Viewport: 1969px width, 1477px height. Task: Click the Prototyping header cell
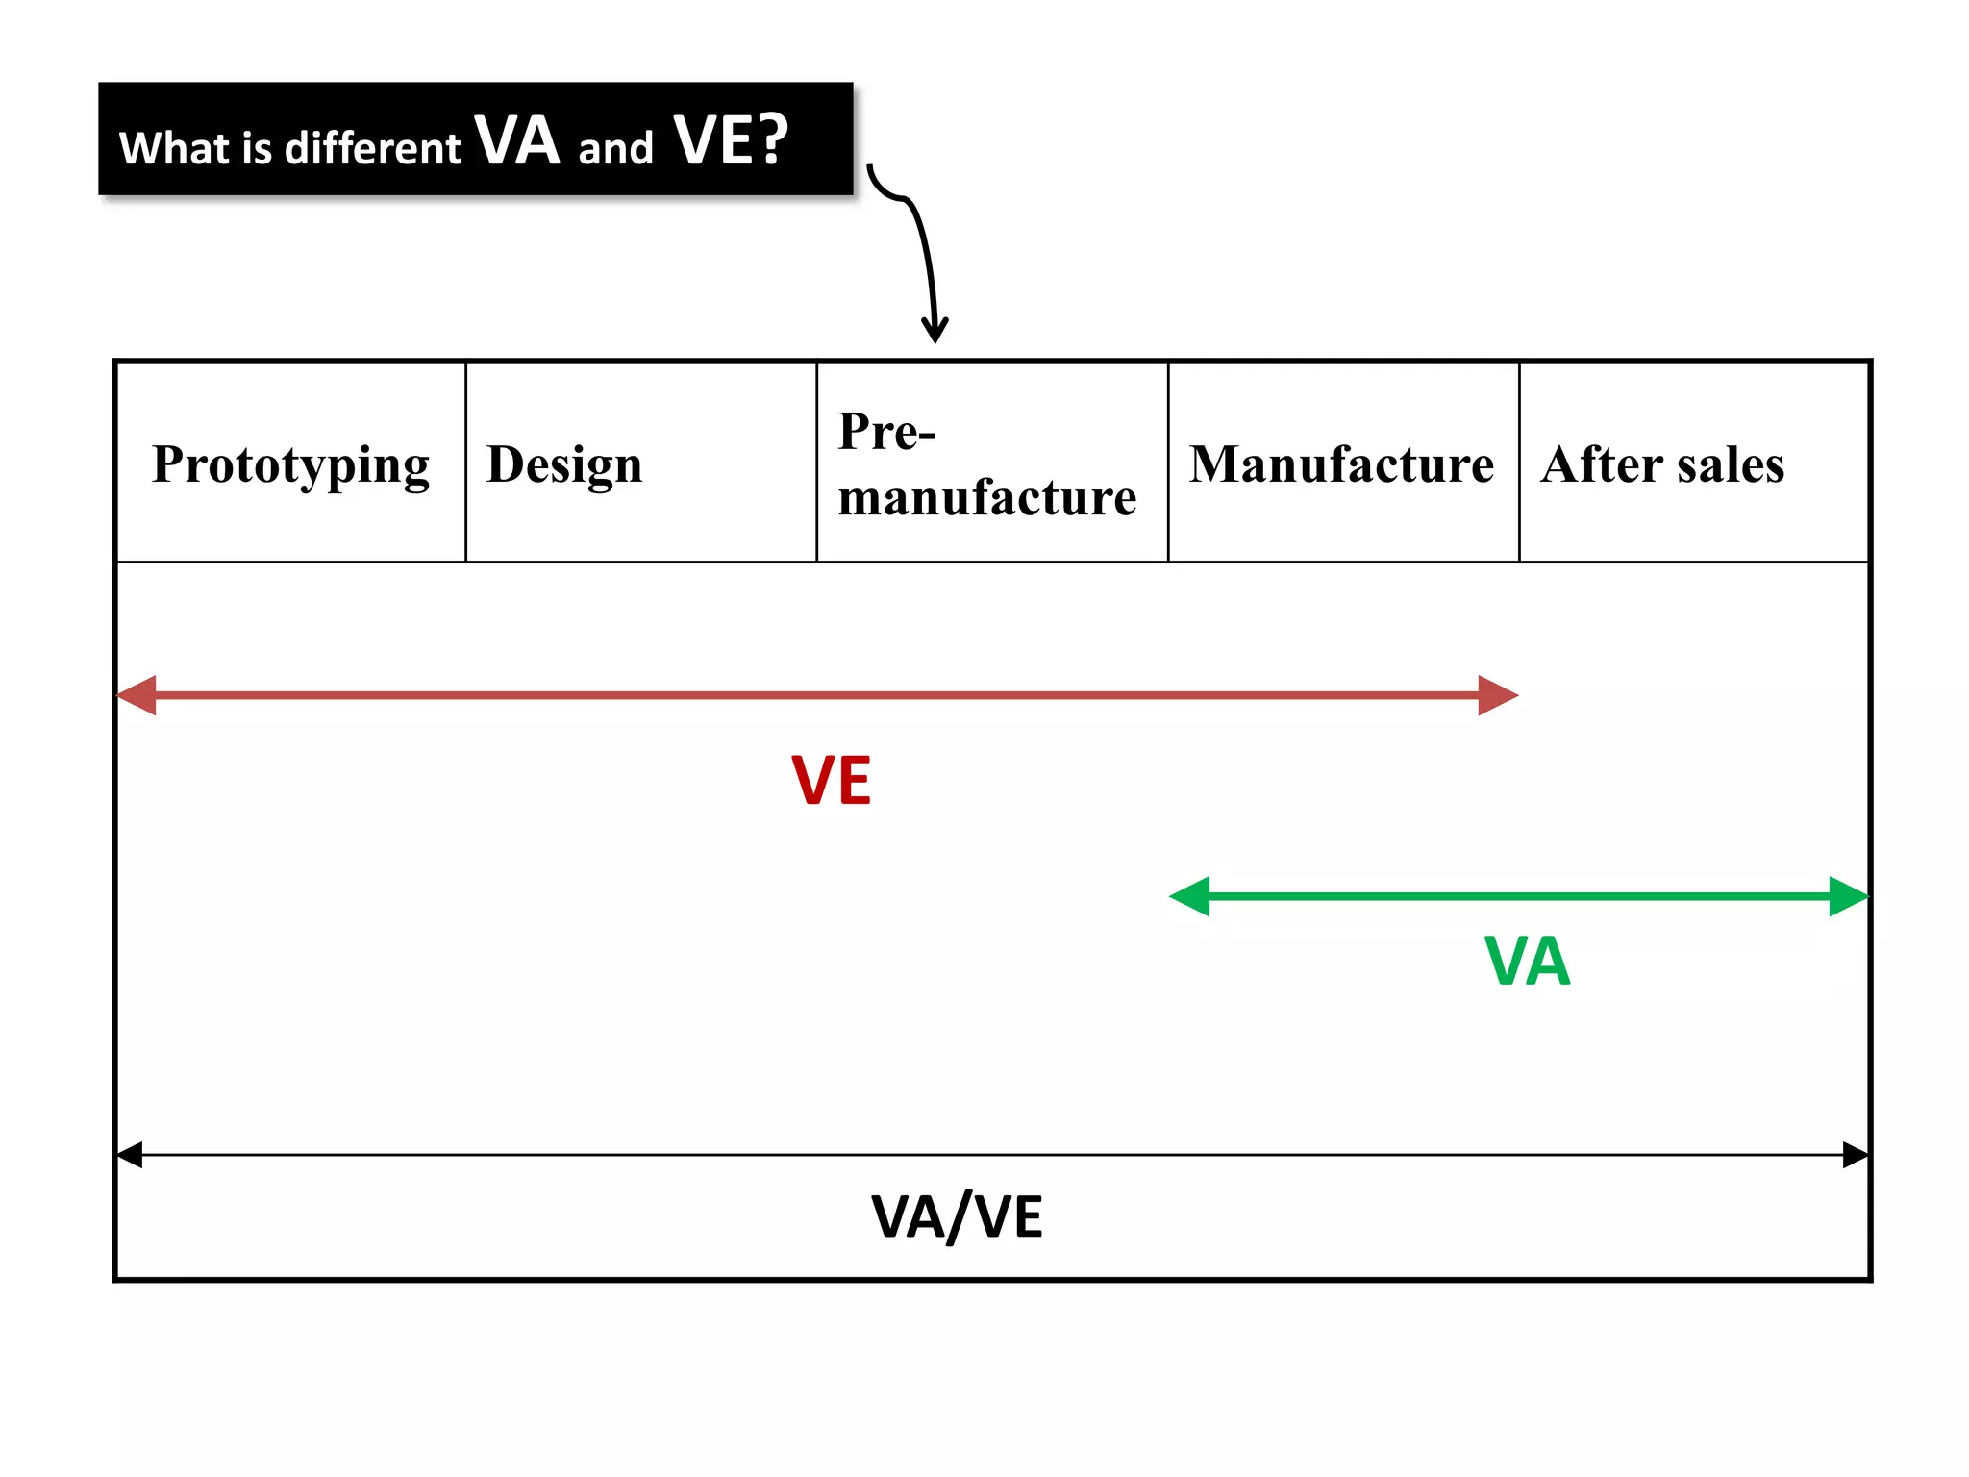(x=290, y=463)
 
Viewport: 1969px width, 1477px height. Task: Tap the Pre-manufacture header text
(x=985, y=463)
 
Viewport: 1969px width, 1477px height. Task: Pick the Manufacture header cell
(x=1342, y=463)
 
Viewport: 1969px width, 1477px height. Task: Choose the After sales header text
(x=1662, y=463)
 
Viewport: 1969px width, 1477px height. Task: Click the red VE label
(x=831, y=780)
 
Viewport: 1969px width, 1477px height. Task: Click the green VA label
(x=1527, y=961)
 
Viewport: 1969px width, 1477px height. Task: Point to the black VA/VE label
(x=957, y=1215)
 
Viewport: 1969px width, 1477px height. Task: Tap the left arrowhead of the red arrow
(x=137, y=695)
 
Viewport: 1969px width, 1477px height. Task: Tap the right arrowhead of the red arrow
(x=1497, y=695)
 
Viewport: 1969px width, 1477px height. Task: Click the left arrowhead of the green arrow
(x=1190, y=896)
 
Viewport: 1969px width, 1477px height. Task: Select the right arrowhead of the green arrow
(x=1847, y=896)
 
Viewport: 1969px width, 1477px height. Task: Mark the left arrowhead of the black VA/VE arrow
(x=130, y=1155)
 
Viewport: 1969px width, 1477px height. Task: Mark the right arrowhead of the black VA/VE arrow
(x=1855, y=1155)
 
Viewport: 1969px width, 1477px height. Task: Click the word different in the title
(x=372, y=149)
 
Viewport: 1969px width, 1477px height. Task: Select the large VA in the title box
(x=517, y=140)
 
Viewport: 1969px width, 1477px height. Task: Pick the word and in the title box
(x=615, y=149)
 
